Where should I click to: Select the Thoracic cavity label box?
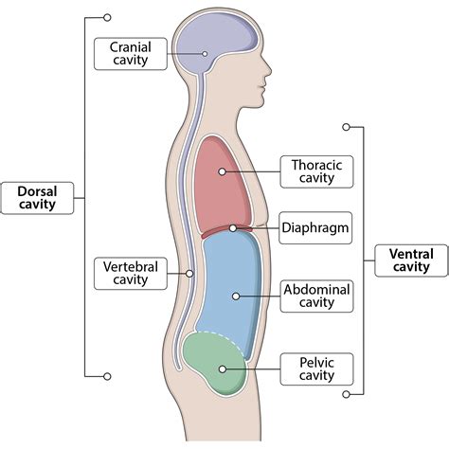[316, 171]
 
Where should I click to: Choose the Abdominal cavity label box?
[316, 296]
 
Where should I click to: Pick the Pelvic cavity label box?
[316, 368]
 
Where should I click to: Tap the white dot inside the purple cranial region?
[206, 53]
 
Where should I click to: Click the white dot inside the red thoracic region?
[221, 171]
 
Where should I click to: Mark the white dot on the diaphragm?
[233, 228]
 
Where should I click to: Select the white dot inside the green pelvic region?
[223, 368]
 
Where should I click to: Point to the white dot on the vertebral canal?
[190, 273]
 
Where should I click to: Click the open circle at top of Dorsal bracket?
[107, 17]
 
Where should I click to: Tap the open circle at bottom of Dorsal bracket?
[107, 375]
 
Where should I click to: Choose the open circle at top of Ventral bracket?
[347, 125]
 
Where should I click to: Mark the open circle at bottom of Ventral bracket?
[347, 393]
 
